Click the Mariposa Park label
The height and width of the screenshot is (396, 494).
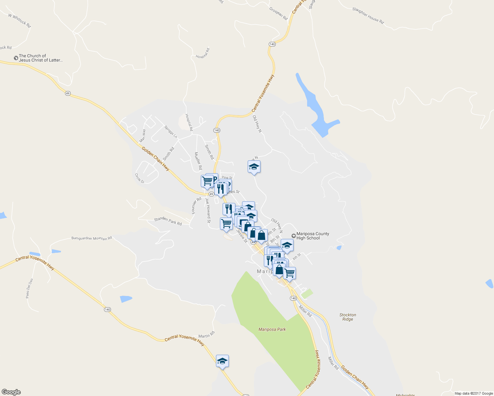point(272,329)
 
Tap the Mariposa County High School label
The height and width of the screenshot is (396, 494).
point(312,236)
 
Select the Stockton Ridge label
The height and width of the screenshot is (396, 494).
point(348,317)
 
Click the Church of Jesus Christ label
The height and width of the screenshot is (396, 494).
point(40,58)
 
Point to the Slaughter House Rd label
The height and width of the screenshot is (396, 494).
point(368,16)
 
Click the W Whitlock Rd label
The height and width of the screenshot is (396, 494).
point(19,20)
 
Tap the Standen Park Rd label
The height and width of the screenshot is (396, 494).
point(168,221)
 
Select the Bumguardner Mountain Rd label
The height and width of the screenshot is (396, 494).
point(92,238)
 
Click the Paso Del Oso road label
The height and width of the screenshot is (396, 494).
point(29,288)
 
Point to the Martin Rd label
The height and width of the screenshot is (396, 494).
point(206,334)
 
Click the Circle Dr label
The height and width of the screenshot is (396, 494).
point(140,178)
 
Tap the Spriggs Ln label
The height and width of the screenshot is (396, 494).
point(171,132)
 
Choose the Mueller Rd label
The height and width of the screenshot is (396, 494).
point(198,161)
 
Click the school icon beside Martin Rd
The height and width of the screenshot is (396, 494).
point(222,361)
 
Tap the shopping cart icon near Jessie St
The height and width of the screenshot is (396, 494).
point(226,223)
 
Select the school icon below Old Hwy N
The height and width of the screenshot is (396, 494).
point(254,167)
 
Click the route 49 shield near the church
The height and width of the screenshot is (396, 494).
point(68,93)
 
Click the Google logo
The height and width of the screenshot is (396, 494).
point(11,392)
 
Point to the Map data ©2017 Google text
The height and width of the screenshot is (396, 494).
point(474,393)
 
